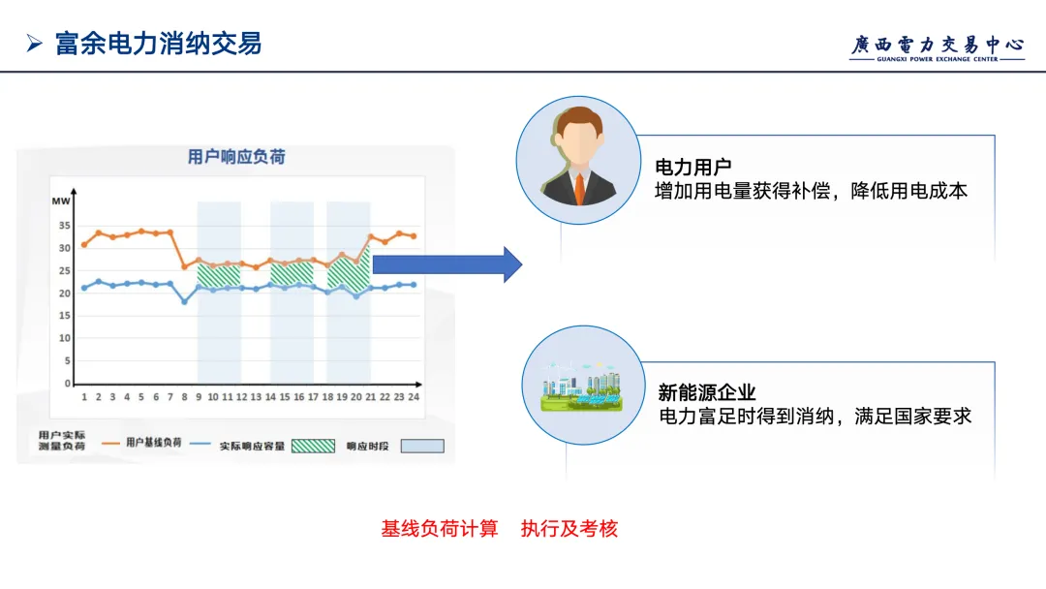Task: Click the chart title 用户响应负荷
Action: click(236, 156)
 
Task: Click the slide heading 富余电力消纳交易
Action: click(158, 44)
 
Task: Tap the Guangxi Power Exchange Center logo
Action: click(937, 47)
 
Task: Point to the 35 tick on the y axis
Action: click(64, 226)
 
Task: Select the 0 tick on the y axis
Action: click(68, 384)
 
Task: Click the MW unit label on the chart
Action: click(61, 201)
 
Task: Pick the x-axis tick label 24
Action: click(414, 397)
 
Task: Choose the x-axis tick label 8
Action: click(184, 397)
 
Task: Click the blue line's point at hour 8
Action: click(184, 301)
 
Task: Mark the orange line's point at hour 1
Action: click(84, 244)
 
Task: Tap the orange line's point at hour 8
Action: click(184, 266)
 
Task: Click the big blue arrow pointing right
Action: click(446, 264)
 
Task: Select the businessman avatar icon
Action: click(578, 161)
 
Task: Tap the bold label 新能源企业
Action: click(706, 392)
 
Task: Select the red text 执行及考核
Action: click(569, 529)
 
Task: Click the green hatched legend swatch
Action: click(314, 446)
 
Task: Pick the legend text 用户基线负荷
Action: click(154, 443)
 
